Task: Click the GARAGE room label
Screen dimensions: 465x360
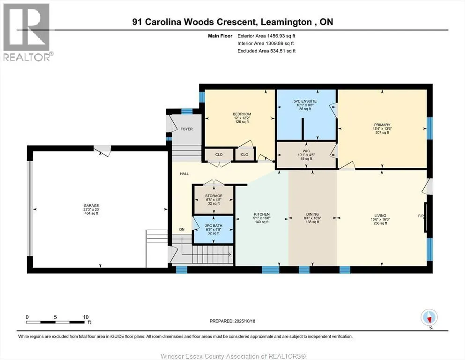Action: [91, 205]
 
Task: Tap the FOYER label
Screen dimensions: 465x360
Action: [186, 129]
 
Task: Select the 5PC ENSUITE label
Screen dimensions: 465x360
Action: [305, 101]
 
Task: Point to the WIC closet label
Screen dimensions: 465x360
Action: [306, 151]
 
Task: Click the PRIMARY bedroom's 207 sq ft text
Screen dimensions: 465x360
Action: [382, 132]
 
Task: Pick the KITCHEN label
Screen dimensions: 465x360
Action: [262, 214]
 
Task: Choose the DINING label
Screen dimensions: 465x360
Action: [312, 214]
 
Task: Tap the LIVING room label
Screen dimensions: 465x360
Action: [380, 216]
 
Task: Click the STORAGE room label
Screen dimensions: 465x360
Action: [214, 196]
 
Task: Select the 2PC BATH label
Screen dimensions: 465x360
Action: [214, 225]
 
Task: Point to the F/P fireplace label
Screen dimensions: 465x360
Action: [421, 216]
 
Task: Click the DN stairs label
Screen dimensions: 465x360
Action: [182, 229]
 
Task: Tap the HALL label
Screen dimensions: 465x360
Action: [184, 174]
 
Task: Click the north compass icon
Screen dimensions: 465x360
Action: [429, 317]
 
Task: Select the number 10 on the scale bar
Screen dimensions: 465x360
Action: [86, 317]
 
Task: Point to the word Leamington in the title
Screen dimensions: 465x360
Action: [286, 22]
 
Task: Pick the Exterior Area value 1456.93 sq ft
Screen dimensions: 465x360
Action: [281, 36]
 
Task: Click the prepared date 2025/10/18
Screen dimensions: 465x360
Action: [244, 321]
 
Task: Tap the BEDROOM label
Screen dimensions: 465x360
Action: [242, 114]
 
